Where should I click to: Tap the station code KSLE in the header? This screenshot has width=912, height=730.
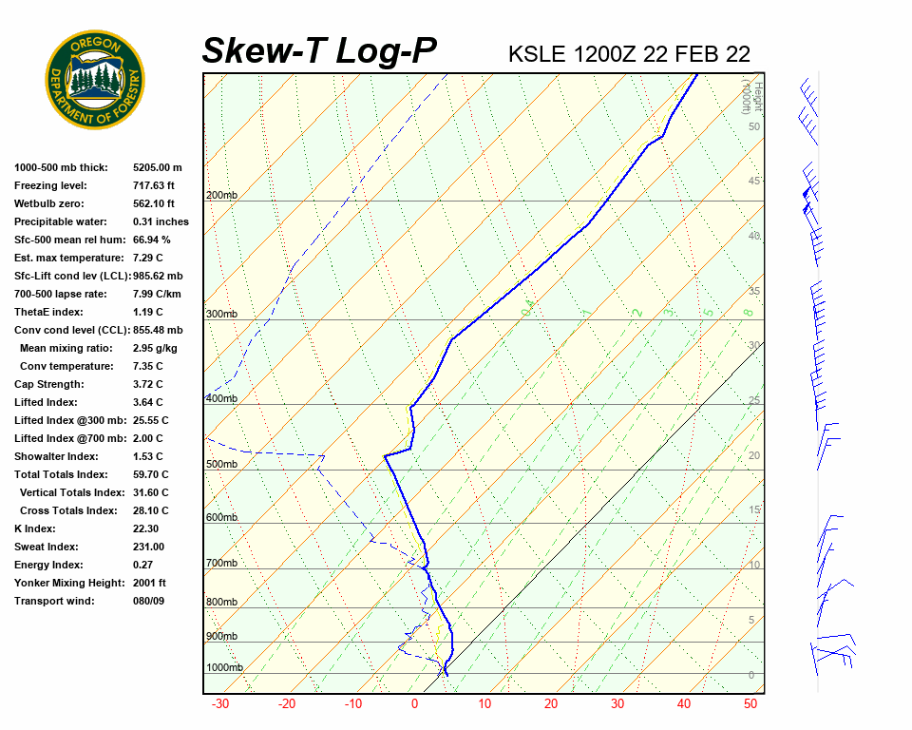click(537, 54)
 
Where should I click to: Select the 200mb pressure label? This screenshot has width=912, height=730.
click(221, 196)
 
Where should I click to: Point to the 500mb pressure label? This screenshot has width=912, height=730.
click(221, 465)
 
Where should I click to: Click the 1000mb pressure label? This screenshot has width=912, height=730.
click(224, 668)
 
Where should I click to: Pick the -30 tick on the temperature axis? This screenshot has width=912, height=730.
click(220, 704)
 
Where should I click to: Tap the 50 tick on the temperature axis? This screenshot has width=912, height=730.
click(750, 704)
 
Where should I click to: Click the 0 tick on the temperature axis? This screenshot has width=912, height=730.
click(414, 704)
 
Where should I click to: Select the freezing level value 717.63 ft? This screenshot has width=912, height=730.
click(154, 185)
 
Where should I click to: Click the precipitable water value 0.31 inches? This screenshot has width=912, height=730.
click(161, 221)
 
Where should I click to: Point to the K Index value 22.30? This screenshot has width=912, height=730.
click(146, 528)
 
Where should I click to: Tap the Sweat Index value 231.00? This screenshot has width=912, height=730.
click(148, 547)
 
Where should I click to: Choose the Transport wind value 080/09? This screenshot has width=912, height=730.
click(149, 601)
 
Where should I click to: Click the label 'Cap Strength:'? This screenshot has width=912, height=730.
click(49, 384)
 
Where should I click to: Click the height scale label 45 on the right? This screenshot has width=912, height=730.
click(754, 182)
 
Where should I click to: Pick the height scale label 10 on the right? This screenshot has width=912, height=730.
click(754, 566)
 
